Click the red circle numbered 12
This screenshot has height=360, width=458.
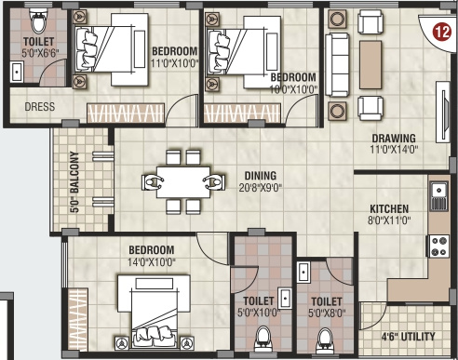coord(442,32)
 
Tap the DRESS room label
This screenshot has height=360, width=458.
coord(40,107)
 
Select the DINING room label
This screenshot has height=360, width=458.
coord(261,176)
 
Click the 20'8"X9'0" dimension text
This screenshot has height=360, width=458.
coord(261,188)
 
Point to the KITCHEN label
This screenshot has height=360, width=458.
coord(389,208)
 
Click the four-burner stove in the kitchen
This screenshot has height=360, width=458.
coord(439,246)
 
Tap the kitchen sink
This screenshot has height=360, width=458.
coord(438,196)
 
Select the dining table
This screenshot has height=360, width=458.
coord(183,182)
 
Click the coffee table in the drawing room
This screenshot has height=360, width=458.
coord(370,65)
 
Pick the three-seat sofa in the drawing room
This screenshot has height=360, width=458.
coord(337,65)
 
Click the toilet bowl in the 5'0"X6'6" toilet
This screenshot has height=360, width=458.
coord(39,20)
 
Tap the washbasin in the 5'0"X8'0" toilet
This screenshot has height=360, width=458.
coord(303,272)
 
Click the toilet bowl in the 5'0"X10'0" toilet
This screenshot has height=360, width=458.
coord(263,339)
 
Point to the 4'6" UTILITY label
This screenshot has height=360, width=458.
coord(408,337)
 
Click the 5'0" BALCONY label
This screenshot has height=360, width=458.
coord(74,181)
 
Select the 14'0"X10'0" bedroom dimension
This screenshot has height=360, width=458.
coord(152,262)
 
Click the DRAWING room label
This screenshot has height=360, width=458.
coord(394,138)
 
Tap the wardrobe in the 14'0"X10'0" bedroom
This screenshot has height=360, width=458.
coord(78,319)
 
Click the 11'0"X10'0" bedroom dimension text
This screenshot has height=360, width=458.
coord(174,63)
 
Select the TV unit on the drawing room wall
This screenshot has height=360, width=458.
coord(443,112)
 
